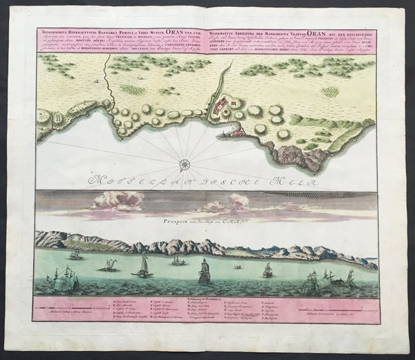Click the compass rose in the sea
click(x=185, y=164)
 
